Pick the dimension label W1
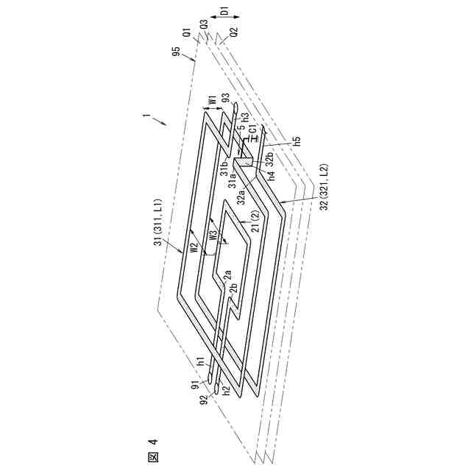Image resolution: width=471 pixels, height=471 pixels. [x=210, y=101]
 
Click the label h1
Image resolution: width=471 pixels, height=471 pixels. [x=199, y=361]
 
